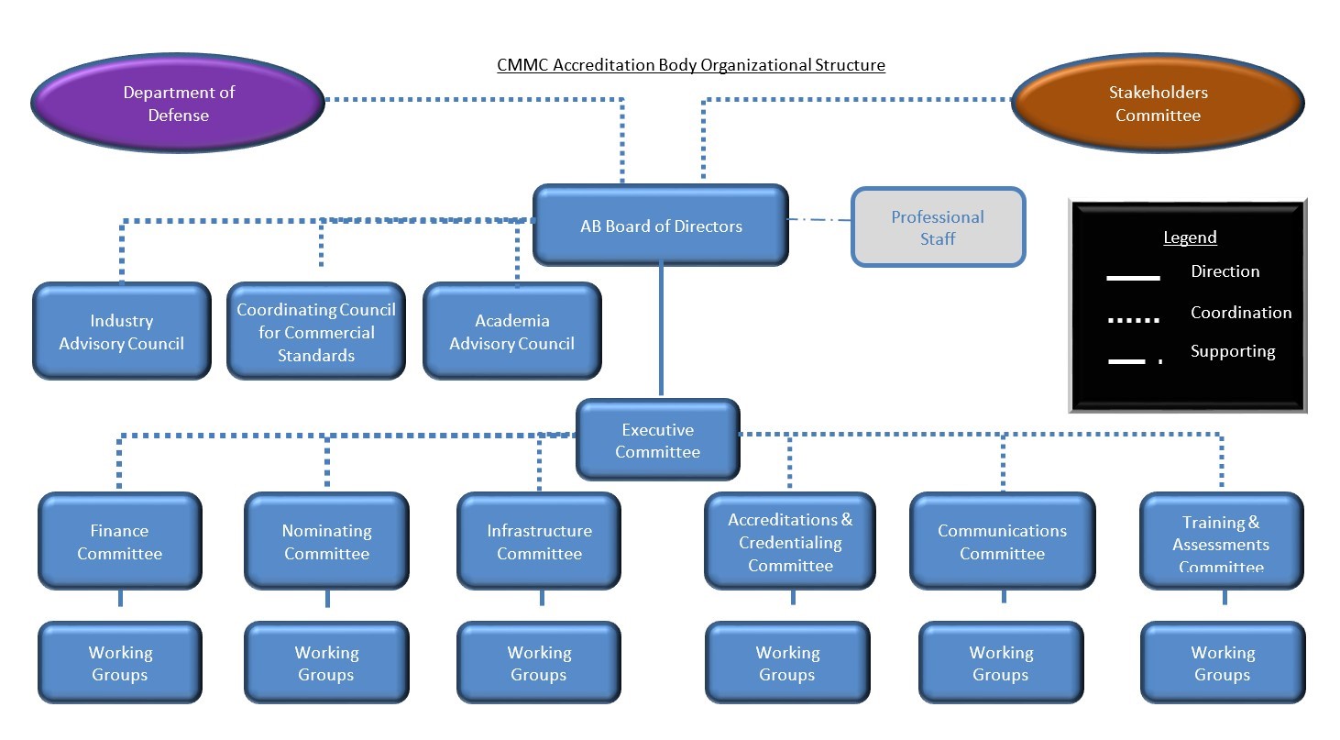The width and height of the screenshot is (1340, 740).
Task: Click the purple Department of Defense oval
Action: tap(178, 103)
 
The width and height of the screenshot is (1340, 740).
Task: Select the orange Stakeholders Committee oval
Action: tap(1157, 103)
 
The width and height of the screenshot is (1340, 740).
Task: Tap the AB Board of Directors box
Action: tap(660, 226)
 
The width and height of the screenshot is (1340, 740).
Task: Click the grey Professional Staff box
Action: tap(937, 227)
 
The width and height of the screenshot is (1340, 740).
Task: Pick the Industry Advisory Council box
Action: tap(121, 331)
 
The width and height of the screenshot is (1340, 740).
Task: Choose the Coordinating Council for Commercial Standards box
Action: tap(315, 331)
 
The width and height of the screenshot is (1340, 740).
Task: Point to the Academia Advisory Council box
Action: tap(511, 331)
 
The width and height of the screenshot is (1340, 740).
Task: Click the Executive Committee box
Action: tap(657, 440)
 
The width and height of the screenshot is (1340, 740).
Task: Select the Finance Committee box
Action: tap(119, 541)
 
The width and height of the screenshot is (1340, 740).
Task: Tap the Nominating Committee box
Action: tap(326, 541)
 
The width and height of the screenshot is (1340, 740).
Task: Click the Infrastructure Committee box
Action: tap(539, 541)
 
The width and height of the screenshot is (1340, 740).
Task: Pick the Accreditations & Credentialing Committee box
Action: tap(789, 541)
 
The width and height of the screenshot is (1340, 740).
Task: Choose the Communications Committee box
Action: tap(1002, 541)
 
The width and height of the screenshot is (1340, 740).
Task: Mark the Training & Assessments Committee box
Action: tap(1221, 541)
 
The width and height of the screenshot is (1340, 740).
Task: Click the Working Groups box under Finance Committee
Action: tap(119, 663)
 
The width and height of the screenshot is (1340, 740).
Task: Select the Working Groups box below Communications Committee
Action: tap(1001, 663)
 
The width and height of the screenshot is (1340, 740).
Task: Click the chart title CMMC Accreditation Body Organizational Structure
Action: tap(690, 65)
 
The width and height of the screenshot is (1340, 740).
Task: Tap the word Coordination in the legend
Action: tap(1240, 313)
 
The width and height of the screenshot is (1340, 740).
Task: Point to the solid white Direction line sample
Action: tap(1133, 277)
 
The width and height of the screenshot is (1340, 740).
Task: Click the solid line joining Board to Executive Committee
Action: tap(660, 330)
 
